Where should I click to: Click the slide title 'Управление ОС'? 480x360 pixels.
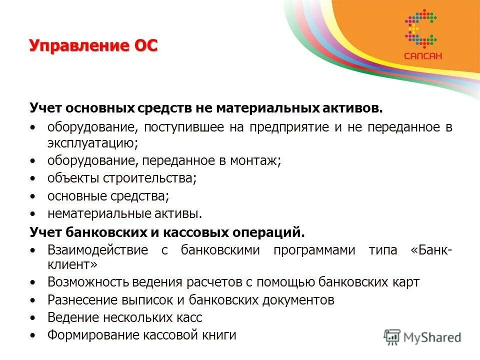click(93, 46)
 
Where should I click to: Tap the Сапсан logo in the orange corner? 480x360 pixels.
click(423, 35)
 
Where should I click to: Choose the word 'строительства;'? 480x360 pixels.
click(150, 178)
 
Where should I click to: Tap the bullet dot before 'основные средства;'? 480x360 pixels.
click(33, 196)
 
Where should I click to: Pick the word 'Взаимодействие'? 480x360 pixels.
click(98, 250)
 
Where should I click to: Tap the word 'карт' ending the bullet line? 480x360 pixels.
click(407, 282)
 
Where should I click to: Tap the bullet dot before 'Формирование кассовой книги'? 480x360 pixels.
click(33, 335)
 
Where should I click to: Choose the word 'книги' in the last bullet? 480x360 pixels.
click(218, 335)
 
